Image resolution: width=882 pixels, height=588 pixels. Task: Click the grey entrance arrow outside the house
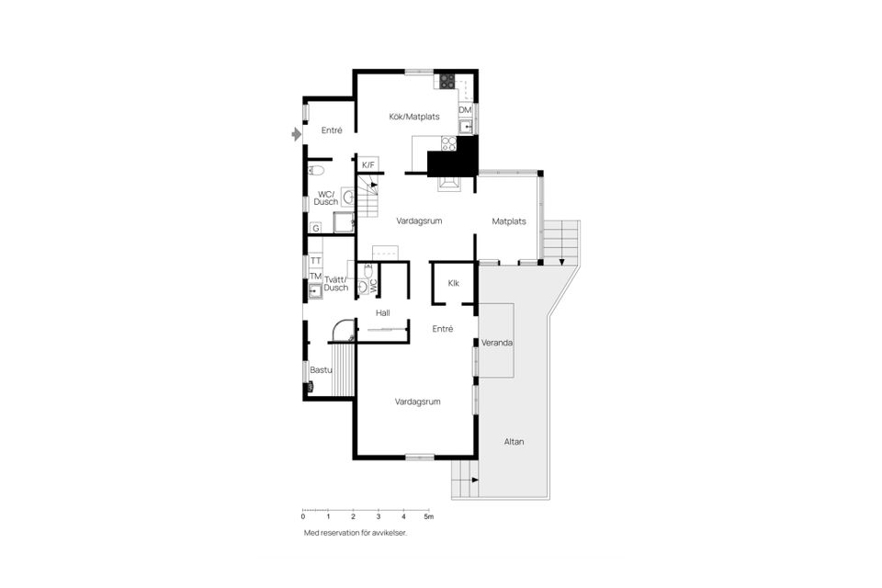[295, 135]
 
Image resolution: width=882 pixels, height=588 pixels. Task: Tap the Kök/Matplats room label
[414, 117]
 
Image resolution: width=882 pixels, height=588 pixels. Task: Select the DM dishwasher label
[465, 110]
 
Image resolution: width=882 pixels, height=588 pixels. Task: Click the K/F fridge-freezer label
[367, 164]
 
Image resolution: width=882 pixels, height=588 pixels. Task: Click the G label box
[315, 227]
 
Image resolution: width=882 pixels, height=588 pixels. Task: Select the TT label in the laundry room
[315, 261]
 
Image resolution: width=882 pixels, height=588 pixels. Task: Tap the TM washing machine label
[315, 277]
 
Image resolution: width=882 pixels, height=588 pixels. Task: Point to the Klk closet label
[454, 283]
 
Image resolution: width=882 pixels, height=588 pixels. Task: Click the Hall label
[383, 313]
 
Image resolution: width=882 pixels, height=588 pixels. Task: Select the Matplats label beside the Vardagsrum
[509, 221]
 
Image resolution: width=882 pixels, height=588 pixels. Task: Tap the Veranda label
[497, 343]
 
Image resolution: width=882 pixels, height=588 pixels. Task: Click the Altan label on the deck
[514, 442]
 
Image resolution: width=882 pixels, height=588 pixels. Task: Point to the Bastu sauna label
[321, 370]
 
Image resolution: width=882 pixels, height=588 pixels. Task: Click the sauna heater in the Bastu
[310, 388]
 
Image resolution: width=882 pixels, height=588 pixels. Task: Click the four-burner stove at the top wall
[446, 81]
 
